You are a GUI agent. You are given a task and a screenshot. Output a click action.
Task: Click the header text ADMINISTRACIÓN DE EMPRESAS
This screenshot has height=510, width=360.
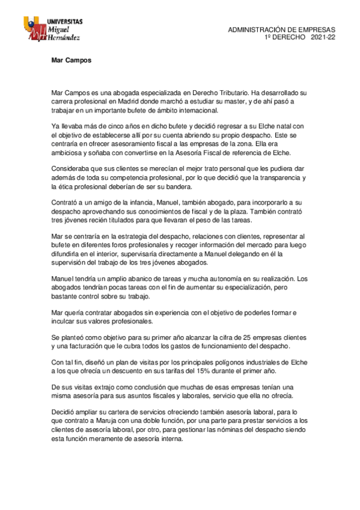click(282, 30)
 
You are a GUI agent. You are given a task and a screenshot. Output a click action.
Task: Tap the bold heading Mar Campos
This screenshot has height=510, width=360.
click(71, 60)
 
